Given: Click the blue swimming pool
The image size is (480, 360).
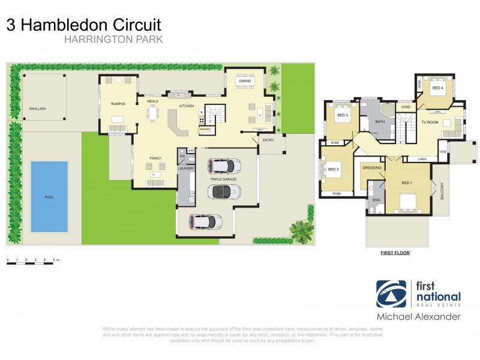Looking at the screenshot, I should pos(49,196).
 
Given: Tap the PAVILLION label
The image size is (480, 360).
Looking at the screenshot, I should pos(37,109).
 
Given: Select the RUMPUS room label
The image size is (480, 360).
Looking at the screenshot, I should pos(117,104).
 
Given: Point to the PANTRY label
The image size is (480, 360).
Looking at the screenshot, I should pos(205,128).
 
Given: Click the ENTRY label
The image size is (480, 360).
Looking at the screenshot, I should pos(268,140).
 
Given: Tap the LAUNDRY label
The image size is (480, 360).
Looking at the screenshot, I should pos(185,169).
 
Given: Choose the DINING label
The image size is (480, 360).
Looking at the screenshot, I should pos(245,80).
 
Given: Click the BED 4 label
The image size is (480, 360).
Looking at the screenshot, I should pos(438,88).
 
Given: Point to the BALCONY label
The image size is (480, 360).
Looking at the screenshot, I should pos(442,191).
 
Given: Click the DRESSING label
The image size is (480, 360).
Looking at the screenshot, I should pos(373,168).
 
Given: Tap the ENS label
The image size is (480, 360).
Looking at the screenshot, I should pos(376,199).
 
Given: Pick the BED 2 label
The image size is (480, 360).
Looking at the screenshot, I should pos(334,170).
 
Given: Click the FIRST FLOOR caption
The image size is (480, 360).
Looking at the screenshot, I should pos(395,253).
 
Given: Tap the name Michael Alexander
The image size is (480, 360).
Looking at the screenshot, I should pos(418,316).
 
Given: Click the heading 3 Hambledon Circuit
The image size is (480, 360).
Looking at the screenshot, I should pos(83,25).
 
